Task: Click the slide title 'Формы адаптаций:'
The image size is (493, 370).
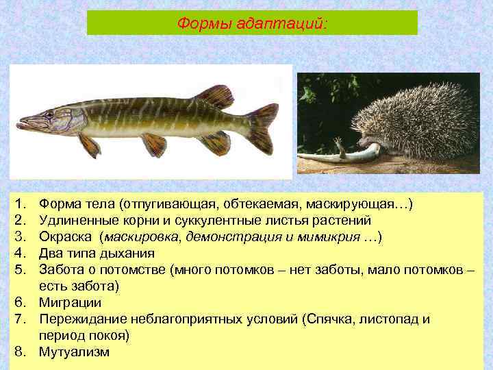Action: click(252, 23)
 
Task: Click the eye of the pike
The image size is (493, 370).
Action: click(49, 114)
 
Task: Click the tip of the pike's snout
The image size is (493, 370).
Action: click(18, 124)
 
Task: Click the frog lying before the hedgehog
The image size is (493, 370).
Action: click(342, 153)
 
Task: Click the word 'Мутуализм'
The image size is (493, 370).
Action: click(74, 351)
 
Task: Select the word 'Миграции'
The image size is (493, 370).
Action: click(70, 302)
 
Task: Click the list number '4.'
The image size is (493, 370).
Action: click(20, 254)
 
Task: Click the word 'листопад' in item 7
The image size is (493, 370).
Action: click(390, 319)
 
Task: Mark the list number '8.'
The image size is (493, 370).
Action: click(20, 351)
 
